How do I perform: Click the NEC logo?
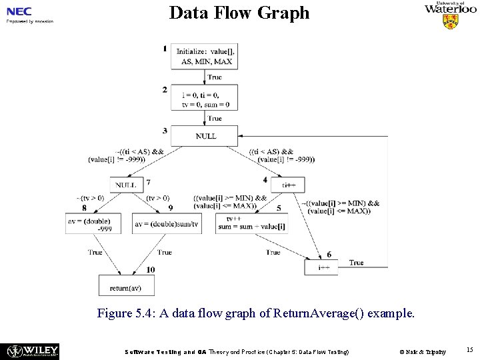click(19, 12)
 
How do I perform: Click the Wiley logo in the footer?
click(33, 351)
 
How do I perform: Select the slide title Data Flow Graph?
click(239, 13)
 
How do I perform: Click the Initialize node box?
click(204, 56)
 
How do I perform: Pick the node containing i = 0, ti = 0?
click(204, 99)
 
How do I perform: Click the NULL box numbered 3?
click(204, 136)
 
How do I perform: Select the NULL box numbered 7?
click(127, 185)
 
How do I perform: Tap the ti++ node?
click(288, 185)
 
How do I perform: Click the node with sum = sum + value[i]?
click(251, 223)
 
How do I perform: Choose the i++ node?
click(321, 267)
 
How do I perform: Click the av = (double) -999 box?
click(93, 224)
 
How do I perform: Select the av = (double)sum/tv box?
click(166, 224)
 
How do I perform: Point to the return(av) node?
click(126, 286)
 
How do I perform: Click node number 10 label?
click(151, 269)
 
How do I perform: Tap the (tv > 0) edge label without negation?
click(158, 197)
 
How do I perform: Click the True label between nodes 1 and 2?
click(215, 77)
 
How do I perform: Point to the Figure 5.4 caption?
click(255, 313)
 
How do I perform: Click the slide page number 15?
click(469, 349)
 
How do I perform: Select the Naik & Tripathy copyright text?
click(423, 351)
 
